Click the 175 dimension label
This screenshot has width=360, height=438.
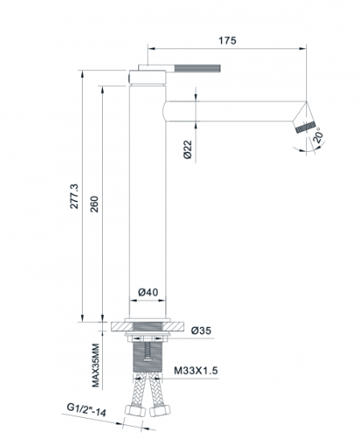(227, 40)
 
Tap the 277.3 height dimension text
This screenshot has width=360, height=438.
(75, 196)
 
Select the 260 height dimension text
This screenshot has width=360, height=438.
(95, 204)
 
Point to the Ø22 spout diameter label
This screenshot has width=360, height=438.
(188, 149)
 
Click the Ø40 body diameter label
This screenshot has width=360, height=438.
(148, 293)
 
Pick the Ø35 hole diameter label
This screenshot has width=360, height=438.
(201, 331)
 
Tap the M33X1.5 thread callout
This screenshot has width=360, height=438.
(196, 370)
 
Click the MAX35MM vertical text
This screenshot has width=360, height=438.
(96, 366)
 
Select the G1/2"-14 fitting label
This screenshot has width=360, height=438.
(87, 410)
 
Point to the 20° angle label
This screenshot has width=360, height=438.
(319, 135)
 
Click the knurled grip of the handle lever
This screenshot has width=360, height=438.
(198, 68)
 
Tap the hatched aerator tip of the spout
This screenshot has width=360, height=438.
(306, 127)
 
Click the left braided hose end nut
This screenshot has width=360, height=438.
(135, 411)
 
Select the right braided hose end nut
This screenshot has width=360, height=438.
(160, 411)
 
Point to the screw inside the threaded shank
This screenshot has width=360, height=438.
(148, 352)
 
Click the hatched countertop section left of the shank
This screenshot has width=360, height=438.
(122, 326)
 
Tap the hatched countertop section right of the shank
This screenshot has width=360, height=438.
(173, 326)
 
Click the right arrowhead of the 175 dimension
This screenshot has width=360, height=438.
(303, 48)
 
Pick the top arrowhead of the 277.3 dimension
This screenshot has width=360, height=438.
(83, 75)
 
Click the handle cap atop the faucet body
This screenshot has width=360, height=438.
(148, 77)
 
